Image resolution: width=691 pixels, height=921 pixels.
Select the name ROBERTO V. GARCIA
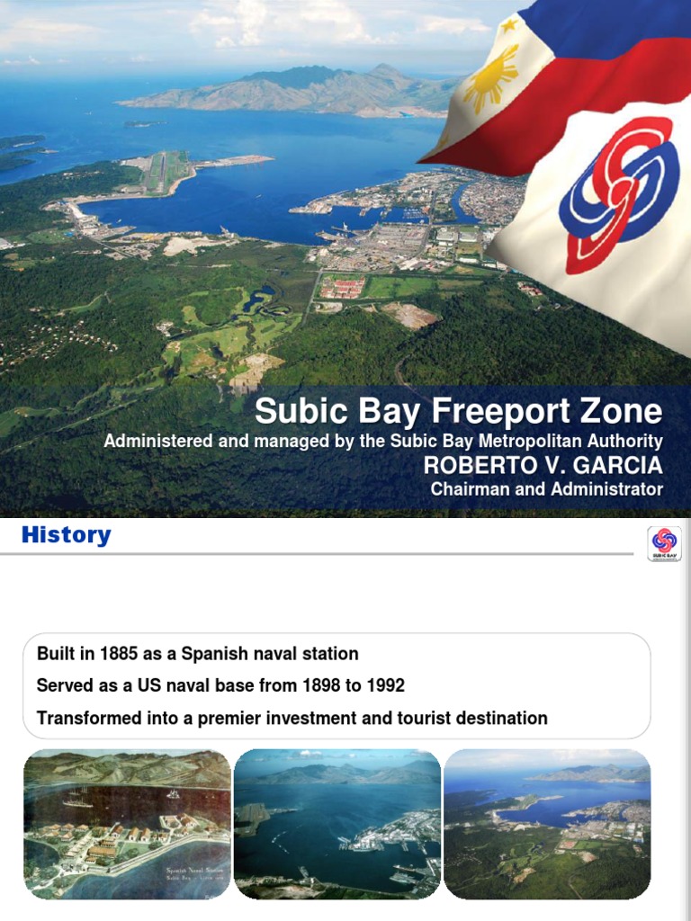[x=543, y=466]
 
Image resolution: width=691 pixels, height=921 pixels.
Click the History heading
[x=66, y=536]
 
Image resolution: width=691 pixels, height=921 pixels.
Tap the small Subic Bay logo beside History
[x=664, y=544]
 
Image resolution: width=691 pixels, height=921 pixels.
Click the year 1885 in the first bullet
[x=120, y=654]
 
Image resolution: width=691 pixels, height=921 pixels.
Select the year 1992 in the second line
[x=385, y=686]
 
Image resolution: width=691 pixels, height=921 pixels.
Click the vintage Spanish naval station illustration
[x=127, y=824]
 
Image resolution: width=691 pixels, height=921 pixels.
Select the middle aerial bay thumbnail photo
[x=337, y=824]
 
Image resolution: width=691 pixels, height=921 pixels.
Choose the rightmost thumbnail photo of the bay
[x=547, y=824]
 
